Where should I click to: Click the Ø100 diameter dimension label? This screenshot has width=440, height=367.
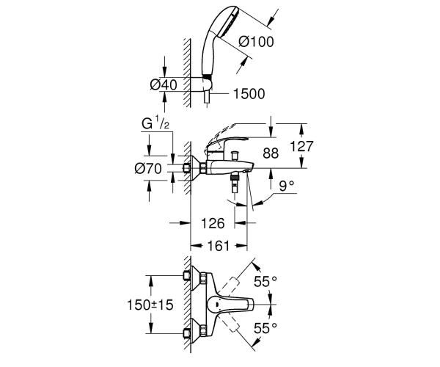pyautogui.click(x=256, y=42)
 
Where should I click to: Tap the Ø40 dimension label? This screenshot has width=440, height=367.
pyautogui.click(x=164, y=84)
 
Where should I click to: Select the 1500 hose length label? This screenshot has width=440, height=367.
pyautogui.click(x=249, y=94)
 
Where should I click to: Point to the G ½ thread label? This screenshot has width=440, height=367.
pyautogui.click(x=155, y=123)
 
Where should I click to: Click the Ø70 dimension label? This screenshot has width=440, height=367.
pyautogui.click(x=148, y=169)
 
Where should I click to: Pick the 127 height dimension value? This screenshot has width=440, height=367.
pyautogui.click(x=301, y=146)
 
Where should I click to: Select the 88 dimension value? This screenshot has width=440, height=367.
pyautogui.click(x=271, y=153)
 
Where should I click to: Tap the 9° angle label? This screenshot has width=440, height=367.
pyautogui.click(x=287, y=186)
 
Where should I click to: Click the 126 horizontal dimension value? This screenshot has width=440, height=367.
pyautogui.click(x=213, y=223)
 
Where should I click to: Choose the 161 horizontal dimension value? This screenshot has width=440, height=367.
pyautogui.click(x=219, y=246)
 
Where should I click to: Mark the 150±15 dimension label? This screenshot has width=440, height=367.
pyautogui.click(x=150, y=305)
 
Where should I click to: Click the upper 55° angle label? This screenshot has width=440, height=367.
pyautogui.click(x=265, y=281)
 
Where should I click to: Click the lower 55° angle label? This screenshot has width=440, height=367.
pyautogui.click(x=265, y=328)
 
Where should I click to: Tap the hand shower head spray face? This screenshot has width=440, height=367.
pyautogui.click(x=229, y=21)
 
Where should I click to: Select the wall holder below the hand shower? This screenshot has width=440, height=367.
pyautogui.click(x=207, y=84)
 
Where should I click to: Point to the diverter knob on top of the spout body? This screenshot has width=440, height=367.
pyautogui.click(x=234, y=156)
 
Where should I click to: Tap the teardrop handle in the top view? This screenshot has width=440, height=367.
pyautogui.click(x=230, y=305)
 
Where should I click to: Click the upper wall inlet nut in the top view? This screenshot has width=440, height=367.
pyautogui.click(x=186, y=276)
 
